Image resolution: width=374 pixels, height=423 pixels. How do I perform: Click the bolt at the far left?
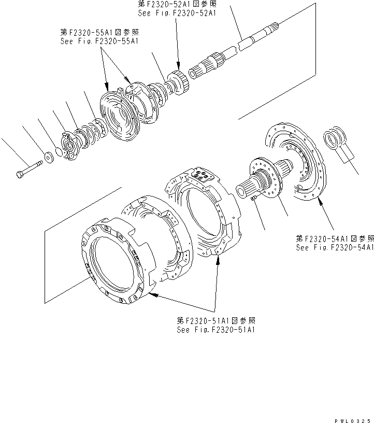pyautogui.click(x=28, y=170)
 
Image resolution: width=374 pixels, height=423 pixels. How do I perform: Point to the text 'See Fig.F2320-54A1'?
pyautogui.click(x=335, y=247)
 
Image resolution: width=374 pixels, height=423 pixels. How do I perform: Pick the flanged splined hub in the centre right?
pyautogui.click(x=264, y=179)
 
